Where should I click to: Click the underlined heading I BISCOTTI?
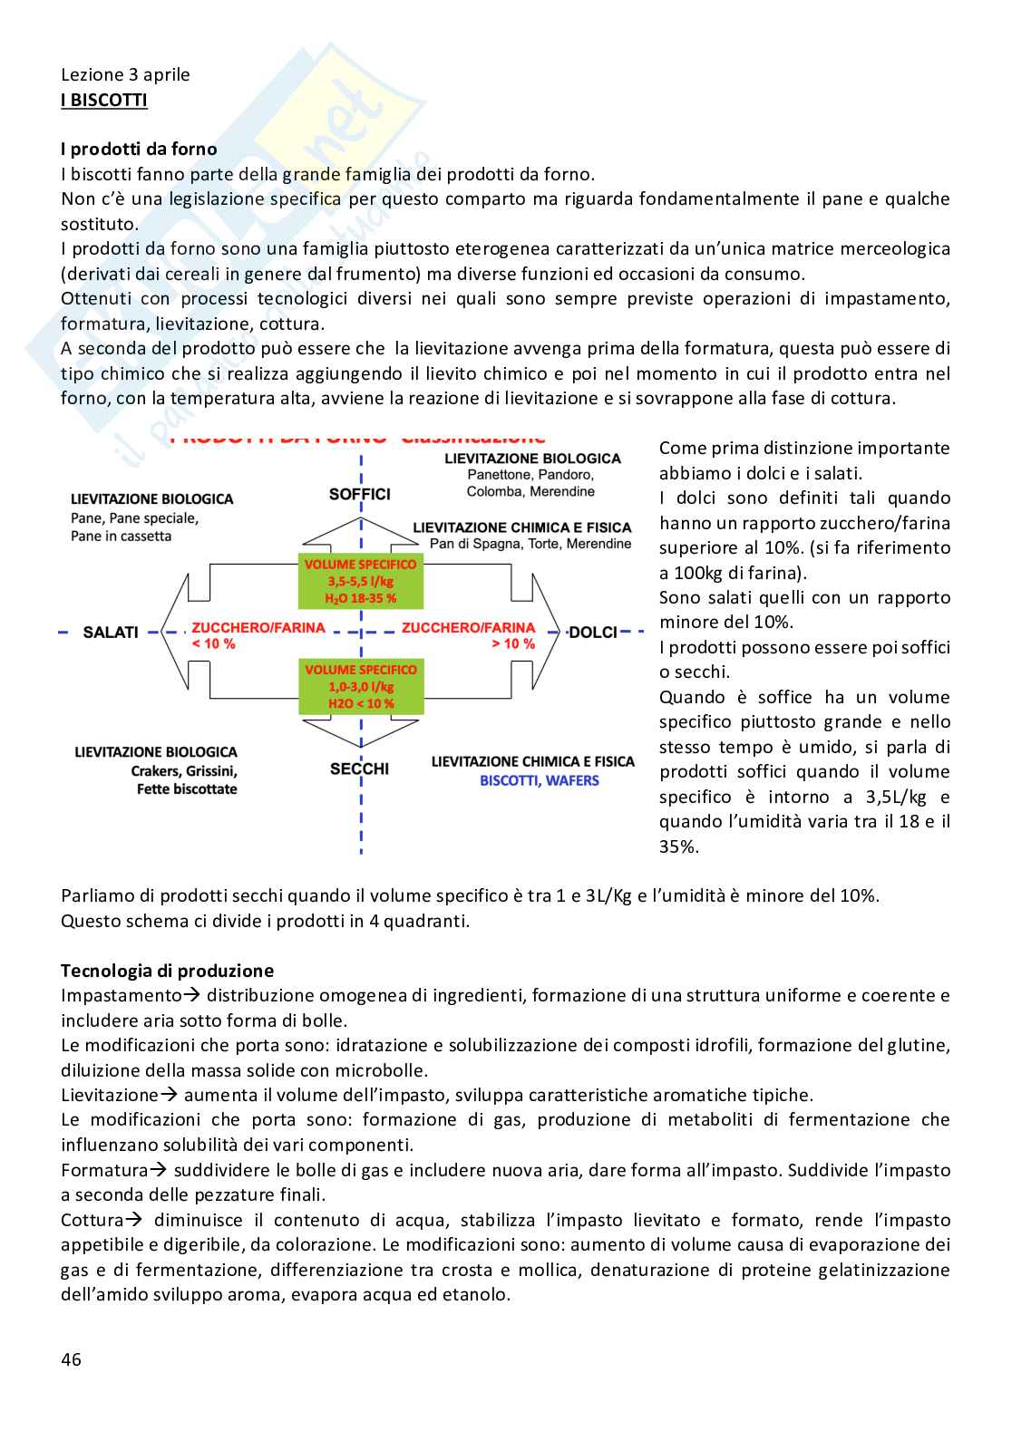pyautogui.click(x=103, y=100)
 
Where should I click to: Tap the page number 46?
pyautogui.click(x=71, y=1358)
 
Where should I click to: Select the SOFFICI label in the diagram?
pyautogui.click(x=360, y=494)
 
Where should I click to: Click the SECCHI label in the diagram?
pyautogui.click(x=360, y=769)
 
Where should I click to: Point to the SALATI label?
pyautogui.click(x=110, y=632)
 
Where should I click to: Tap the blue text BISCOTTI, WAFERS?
pyautogui.click(x=539, y=780)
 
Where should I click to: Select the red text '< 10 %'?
pyautogui.click(x=213, y=643)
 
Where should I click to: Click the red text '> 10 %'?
pyautogui.click(x=513, y=643)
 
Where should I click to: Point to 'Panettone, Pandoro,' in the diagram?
pyautogui.click(x=530, y=475)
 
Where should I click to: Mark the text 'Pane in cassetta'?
pyautogui.click(x=121, y=537)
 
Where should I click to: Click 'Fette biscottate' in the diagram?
pyautogui.click(x=187, y=789)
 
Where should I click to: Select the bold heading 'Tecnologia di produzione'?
pyautogui.click(x=167, y=971)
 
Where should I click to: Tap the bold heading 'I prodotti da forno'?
pyautogui.click(x=139, y=150)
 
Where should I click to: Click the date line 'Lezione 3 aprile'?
pyautogui.click(x=125, y=74)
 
